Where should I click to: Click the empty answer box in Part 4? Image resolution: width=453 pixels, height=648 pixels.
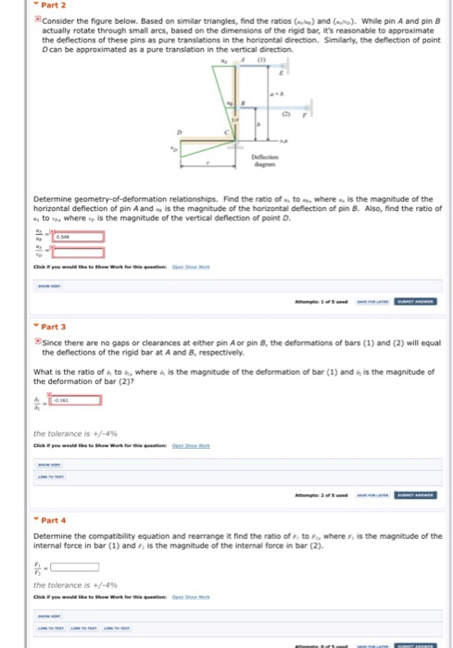pyautogui.click(x=73, y=567)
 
